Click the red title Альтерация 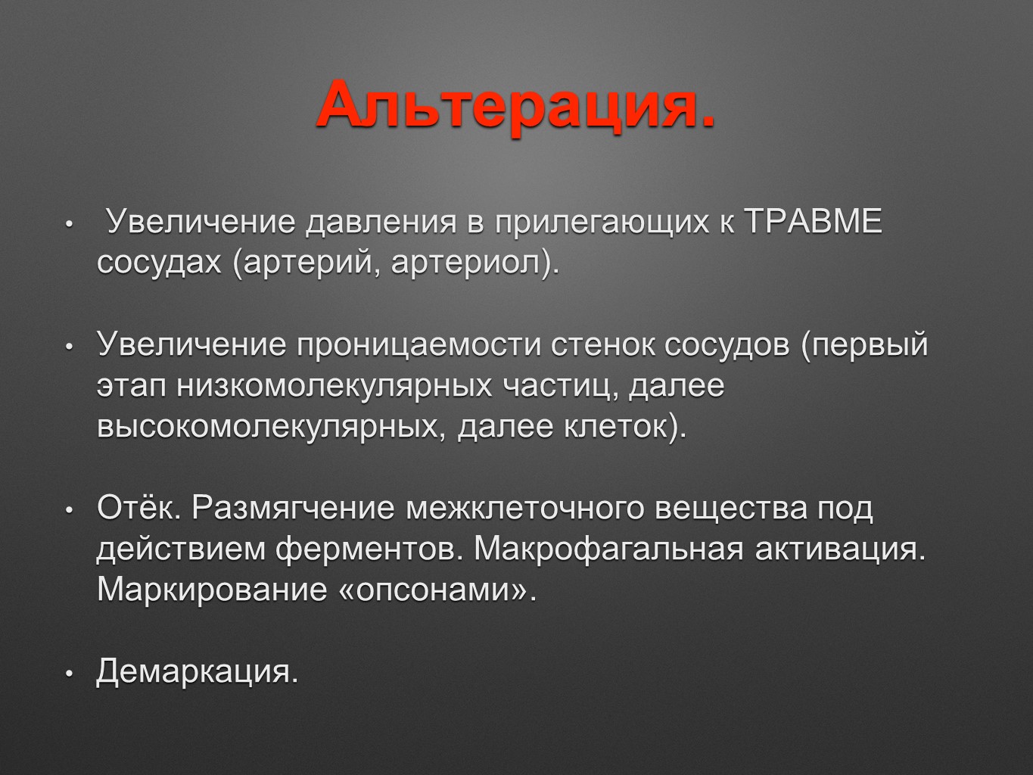pos(516,106)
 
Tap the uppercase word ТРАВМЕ pos(814,221)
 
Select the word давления pos(381,222)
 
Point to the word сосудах pos(159,263)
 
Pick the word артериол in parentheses pos(465,263)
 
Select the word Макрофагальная pos(609,549)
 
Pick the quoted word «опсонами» pos(432,590)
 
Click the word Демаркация pos(198,671)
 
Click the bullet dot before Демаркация pos(70,674)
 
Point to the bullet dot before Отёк pos(70,509)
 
